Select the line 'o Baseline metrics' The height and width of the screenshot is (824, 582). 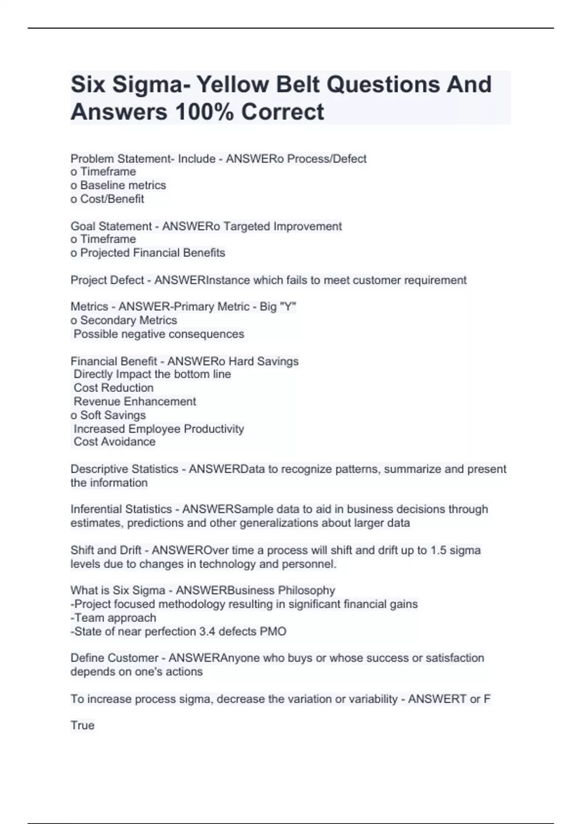(118, 185)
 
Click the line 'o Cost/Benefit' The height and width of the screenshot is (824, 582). (107, 199)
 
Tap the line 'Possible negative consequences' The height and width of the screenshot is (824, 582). (159, 334)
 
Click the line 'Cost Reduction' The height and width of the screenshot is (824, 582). (113, 388)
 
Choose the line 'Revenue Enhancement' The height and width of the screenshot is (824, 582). (135, 401)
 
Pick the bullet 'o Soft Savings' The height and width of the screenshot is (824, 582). (108, 415)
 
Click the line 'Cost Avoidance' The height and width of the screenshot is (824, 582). (114, 442)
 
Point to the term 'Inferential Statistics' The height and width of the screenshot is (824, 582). (121, 509)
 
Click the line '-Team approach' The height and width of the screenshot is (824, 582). (113, 618)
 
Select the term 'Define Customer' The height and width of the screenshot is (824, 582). (114, 658)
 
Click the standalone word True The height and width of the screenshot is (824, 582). (82, 726)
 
